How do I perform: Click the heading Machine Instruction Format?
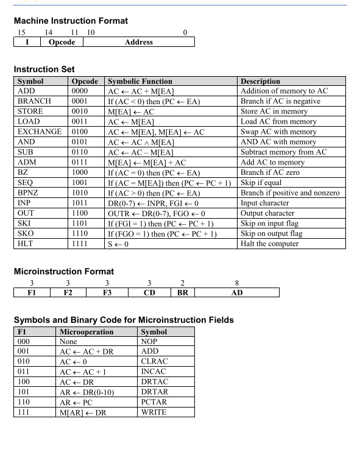(70, 21)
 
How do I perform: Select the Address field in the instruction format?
(138, 42)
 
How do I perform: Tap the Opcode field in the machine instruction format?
(62, 42)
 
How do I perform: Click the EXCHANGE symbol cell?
(40, 132)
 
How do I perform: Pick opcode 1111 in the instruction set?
(82, 244)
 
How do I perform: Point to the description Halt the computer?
(270, 244)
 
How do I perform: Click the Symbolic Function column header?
(139, 81)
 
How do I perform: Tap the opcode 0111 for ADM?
(82, 162)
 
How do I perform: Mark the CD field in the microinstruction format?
(149, 293)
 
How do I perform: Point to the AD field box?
(236, 293)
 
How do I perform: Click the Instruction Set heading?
(44, 70)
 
